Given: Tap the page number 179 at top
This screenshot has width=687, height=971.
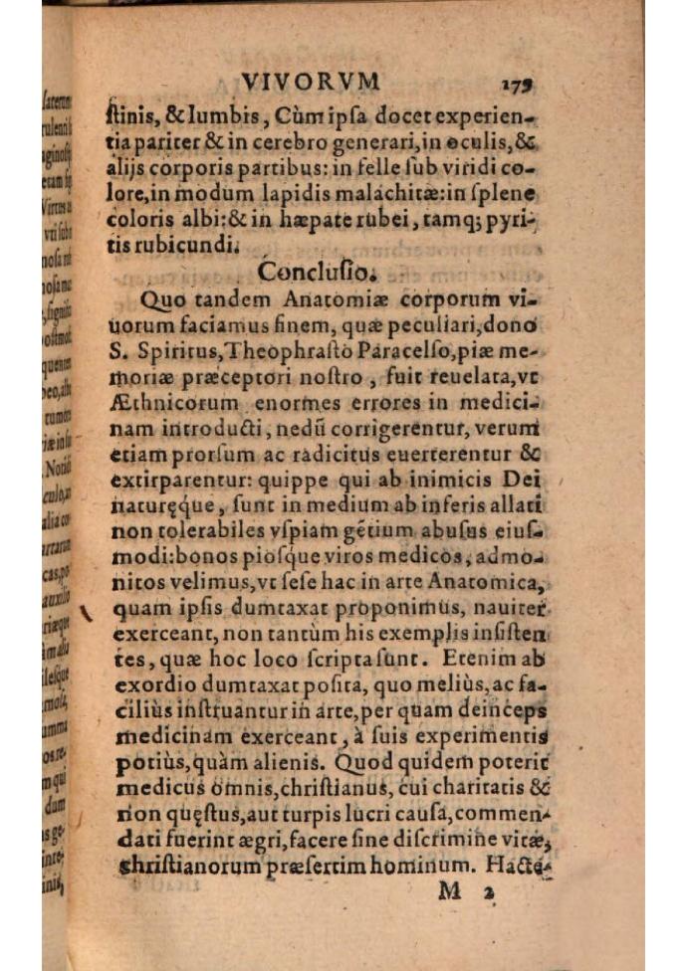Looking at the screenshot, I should (x=512, y=84).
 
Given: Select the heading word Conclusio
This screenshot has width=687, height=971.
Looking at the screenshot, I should (x=317, y=271).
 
